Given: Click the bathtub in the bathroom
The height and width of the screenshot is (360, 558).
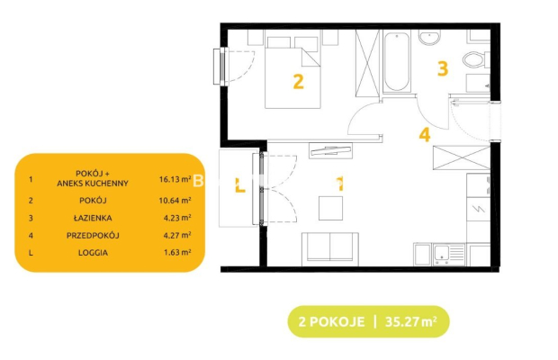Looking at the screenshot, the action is point(396,62).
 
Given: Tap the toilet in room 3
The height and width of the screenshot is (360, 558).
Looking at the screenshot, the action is point(476,59).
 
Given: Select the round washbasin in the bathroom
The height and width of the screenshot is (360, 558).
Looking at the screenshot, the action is point(429,38).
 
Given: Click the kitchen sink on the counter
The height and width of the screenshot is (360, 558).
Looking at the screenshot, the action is point(449,254).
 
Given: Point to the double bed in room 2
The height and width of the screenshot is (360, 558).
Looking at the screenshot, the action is point(292,73).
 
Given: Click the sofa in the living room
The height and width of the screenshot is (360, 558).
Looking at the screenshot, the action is point(330,249).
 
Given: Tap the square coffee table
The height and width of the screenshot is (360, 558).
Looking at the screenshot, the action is point(330,208).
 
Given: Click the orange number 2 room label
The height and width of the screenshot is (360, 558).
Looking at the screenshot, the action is point(298,82).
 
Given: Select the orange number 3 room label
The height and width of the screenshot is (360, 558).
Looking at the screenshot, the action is point(443,68).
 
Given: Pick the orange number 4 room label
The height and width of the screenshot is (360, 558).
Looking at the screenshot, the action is point(425,135).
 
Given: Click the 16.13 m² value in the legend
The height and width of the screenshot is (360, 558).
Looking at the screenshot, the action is point(175,179).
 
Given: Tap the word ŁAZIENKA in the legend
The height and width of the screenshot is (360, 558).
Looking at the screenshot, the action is point(93,218).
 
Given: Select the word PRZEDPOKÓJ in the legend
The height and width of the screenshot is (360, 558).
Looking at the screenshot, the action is point(93,235).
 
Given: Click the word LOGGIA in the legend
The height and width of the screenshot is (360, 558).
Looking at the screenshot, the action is point(93,253).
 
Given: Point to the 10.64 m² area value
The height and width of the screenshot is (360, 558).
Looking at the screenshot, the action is point(175,201).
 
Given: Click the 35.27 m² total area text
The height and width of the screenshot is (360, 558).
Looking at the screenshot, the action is point(411,321).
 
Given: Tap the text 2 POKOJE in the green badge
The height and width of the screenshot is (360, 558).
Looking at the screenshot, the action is point(332,321).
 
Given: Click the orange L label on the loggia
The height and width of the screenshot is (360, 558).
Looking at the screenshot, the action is point(240,185).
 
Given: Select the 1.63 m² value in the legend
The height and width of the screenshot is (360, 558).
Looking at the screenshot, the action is point(177,253).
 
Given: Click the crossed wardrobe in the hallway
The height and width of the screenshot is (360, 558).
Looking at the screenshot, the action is point(461,157).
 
